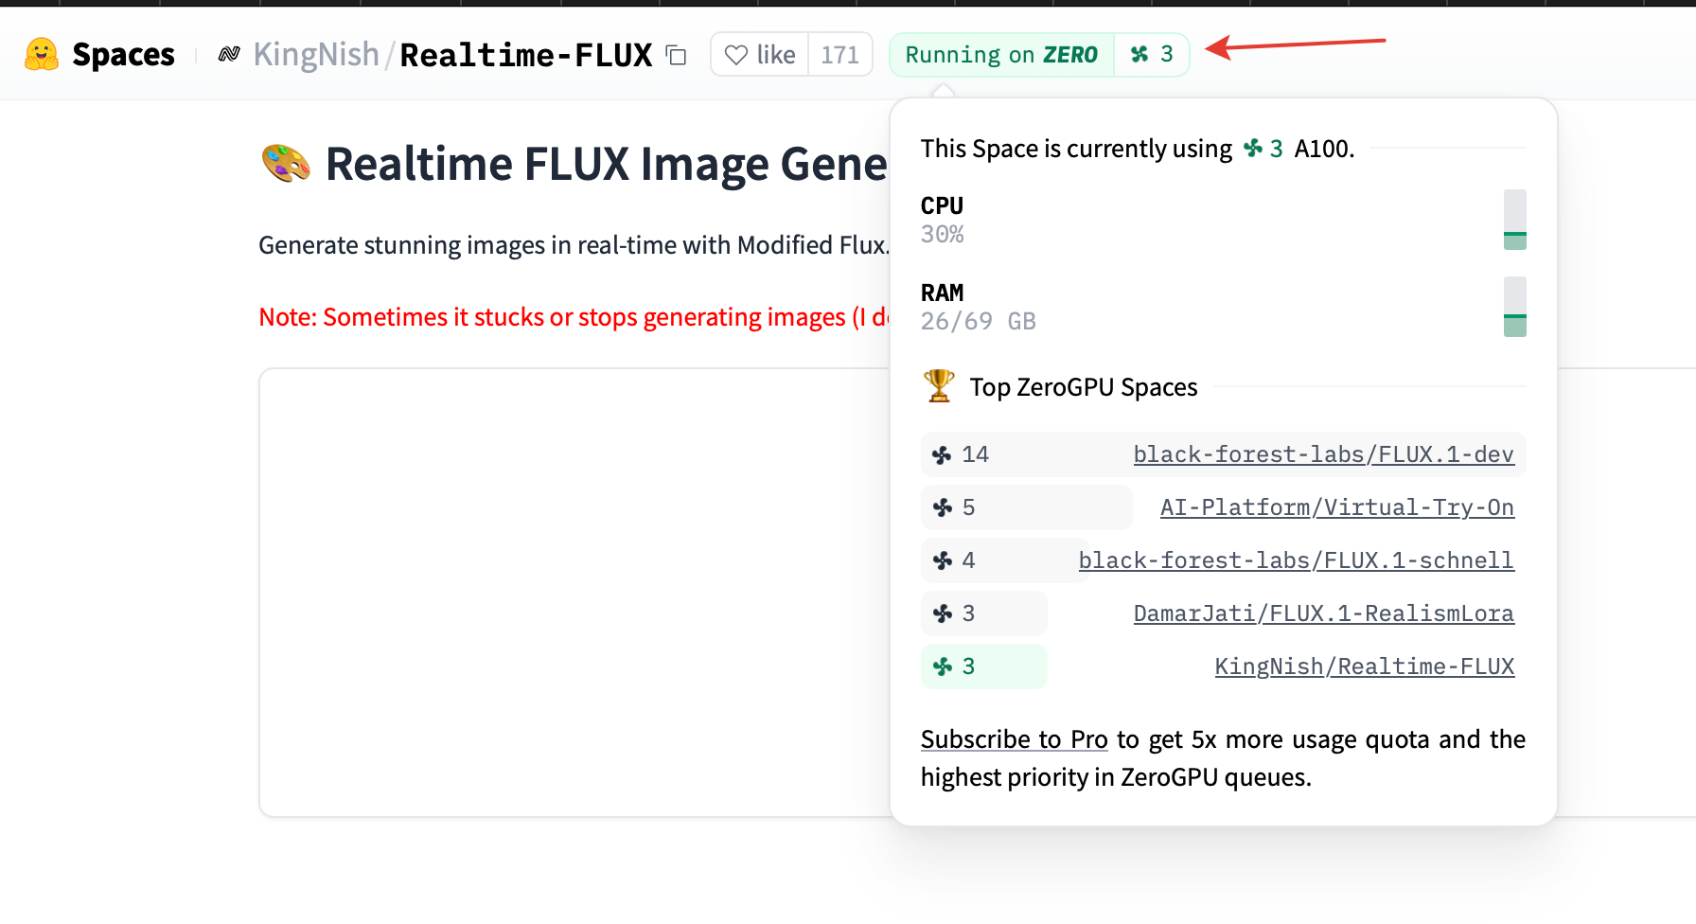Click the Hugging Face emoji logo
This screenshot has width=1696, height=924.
pyautogui.click(x=42, y=55)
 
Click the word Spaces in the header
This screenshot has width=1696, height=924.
pyautogui.click(x=123, y=55)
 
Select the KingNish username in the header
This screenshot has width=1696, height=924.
pyautogui.click(x=316, y=55)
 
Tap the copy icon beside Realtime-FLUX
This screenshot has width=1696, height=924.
pyautogui.click(x=676, y=55)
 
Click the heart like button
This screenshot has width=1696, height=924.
pyautogui.click(x=760, y=55)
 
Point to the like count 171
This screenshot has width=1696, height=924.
pyautogui.click(x=839, y=55)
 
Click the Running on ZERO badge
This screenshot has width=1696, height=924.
pyautogui.click(x=1001, y=55)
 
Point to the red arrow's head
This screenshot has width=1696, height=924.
pyautogui.click(x=1208, y=48)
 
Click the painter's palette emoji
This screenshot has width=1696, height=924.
pyautogui.click(x=286, y=164)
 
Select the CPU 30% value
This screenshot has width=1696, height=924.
pyautogui.click(x=942, y=235)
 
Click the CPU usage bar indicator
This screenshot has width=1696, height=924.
pyautogui.click(x=1514, y=220)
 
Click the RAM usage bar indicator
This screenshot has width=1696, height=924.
pyautogui.click(x=1514, y=307)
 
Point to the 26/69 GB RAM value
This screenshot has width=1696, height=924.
pyautogui.click(x=979, y=322)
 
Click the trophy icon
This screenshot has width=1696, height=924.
pyautogui.click(x=939, y=386)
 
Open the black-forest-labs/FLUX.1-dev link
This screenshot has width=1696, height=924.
pyautogui.click(x=1324, y=454)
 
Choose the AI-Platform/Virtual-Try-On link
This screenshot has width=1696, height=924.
pyautogui.click(x=1337, y=507)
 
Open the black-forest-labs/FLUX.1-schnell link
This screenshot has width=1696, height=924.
pyautogui.click(x=1297, y=560)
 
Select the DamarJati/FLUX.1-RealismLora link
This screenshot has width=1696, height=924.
pyautogui.click(x=1324, y=613)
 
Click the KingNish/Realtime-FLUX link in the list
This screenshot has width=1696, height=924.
pyautogui.click(x=1365, y=666)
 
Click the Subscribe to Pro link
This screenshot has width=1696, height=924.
pyautogui.click(x=1015, y=739)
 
